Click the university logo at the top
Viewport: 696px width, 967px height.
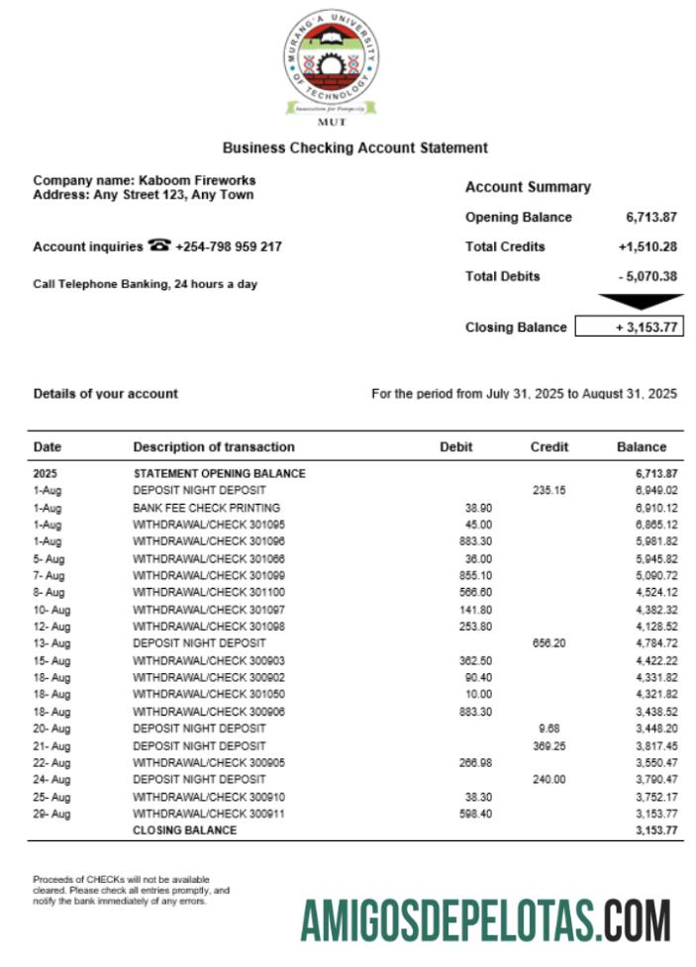(332, 64)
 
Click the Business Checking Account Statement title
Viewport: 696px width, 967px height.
(354, 147)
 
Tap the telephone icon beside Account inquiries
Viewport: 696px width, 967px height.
(158, 246)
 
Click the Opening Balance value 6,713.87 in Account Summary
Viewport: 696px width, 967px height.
(651, 217)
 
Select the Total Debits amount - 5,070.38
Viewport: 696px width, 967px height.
(646, 276)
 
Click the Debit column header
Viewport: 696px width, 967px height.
(456, 446)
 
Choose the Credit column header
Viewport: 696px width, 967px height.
(549, 446)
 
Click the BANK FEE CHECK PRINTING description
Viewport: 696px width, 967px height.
(206, 507)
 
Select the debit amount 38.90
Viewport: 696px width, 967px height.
(479, 507)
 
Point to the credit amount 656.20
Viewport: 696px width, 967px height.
(549, 643)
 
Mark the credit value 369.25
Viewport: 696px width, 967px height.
(549, 745)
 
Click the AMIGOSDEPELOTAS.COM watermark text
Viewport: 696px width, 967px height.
(485, 919)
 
